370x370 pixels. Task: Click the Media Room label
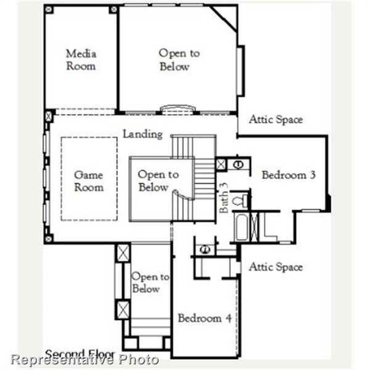click(x=81, y=59)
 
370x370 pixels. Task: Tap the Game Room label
click(x=89, y=181)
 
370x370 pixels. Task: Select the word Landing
click(x=142, y=134)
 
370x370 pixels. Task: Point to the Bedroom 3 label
click(x=289, y=175)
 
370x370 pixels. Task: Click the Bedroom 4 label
click(x=205, y=318)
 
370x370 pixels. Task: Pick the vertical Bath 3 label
click(x=224, y=198)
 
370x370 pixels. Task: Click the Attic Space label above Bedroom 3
click(x=276, y=120)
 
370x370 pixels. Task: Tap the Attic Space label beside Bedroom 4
click(x=276, y=267)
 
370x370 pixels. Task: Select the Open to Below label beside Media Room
click(x=178, y=60)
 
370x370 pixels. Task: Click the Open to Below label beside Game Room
click(x=158, y=181)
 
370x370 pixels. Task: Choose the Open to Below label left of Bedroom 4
click(x=149, y=283)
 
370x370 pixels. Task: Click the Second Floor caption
click(x=80, y=354)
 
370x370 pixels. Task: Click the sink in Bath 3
click(x=238, y=164)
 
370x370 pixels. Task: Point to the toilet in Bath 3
click(x=242, y=200)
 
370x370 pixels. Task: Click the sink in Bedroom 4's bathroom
click(x=205, y=249)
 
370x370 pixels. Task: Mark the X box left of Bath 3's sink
click(x=221, y=164)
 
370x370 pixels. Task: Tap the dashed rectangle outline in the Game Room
click(x=62, y=179)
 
